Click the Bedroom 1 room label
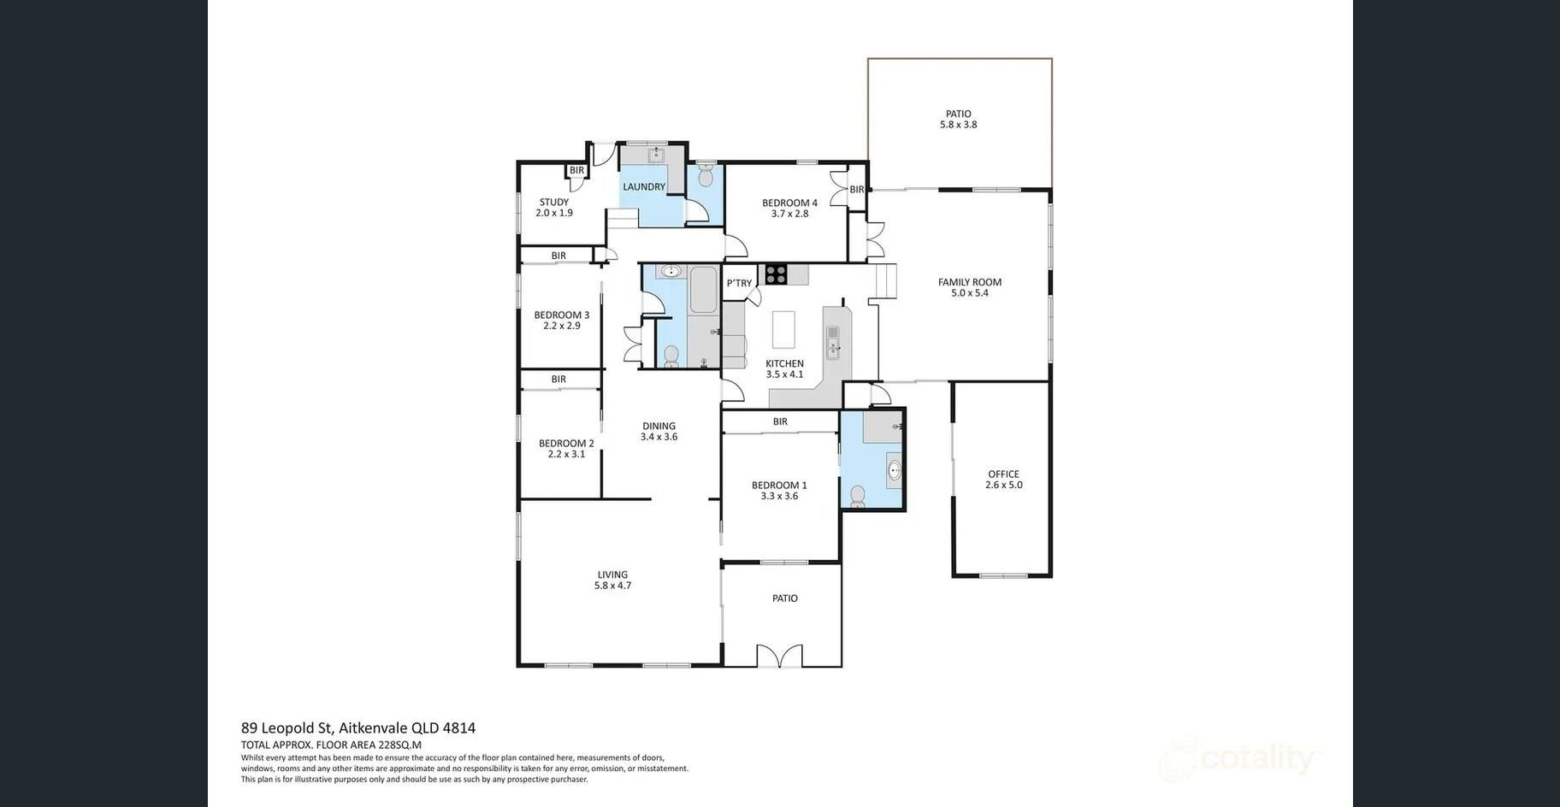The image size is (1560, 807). pos(779,485)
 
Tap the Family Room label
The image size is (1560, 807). pos(969,282)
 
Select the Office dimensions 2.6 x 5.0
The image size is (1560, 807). pos(1003,485)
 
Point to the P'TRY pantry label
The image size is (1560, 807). pos(739,283)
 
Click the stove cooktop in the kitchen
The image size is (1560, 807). pos(776,274)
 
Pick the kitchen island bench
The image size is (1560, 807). pos(783,329)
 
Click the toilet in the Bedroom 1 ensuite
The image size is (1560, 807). pos(858,497)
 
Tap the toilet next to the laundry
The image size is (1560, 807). pos(706,175)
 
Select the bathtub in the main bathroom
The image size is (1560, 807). pos(703,290)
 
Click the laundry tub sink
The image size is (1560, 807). pos(656,155)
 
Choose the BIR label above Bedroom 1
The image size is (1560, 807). pos(780,421)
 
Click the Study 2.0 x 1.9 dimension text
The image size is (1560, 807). pos(554,213)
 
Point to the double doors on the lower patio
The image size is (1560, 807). pos(780,656)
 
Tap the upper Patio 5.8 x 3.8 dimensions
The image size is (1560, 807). pos(958,124)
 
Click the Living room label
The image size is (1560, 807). pos(612,574)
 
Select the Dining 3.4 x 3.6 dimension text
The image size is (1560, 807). pos(659,437)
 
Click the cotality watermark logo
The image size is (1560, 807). pos(1240,759)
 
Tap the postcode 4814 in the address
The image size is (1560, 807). pos(459,728)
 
